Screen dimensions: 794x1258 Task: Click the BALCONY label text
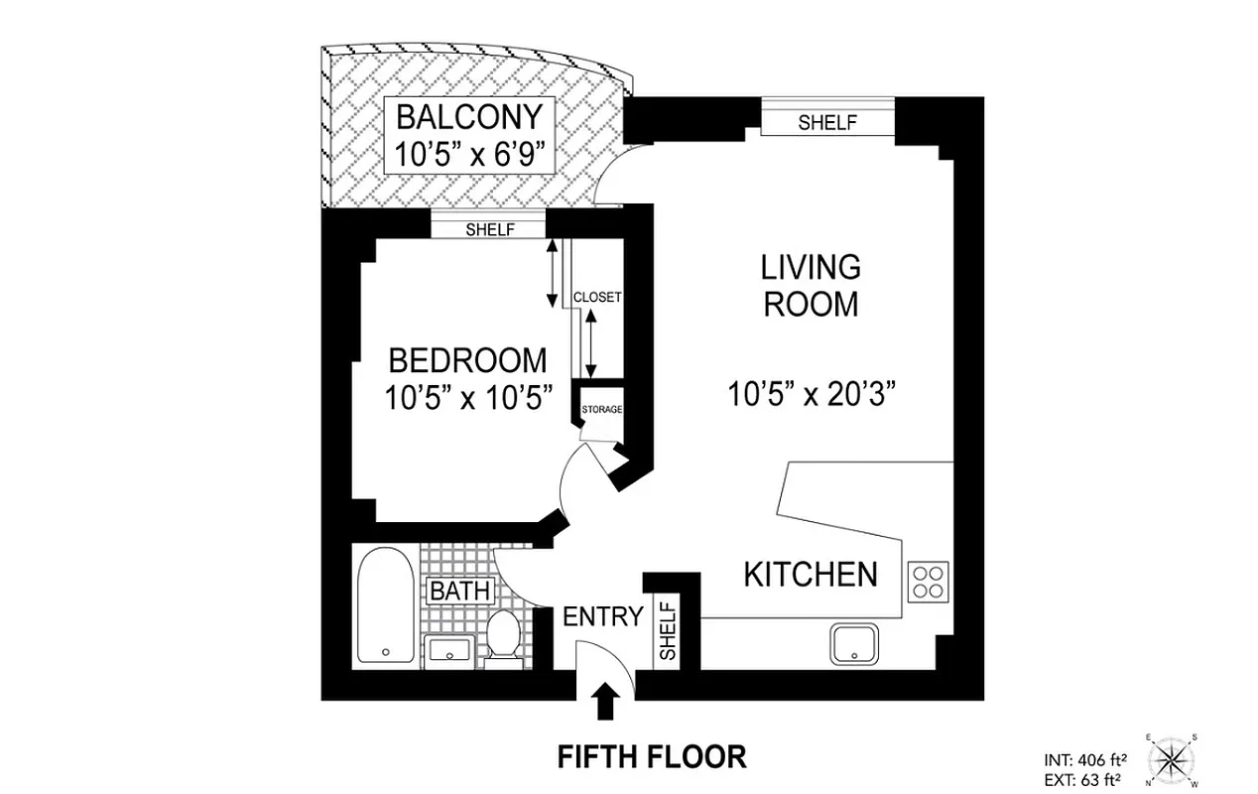468,117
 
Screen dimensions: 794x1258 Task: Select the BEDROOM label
466,359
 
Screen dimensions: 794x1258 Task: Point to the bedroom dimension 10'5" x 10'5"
466,397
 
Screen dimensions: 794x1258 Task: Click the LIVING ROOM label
810,285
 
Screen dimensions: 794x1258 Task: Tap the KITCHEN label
811,574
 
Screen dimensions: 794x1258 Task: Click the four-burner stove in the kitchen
928,580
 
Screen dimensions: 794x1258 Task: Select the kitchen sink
854,645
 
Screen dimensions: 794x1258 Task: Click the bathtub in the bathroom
384,607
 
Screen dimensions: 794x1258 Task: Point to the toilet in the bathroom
505,634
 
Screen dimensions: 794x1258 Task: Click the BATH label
459,592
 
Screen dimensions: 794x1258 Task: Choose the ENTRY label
602,616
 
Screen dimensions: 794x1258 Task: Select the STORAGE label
601,410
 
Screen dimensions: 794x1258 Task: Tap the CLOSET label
597,297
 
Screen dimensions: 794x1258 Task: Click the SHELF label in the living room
826,122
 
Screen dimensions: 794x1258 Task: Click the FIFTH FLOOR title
651,757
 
